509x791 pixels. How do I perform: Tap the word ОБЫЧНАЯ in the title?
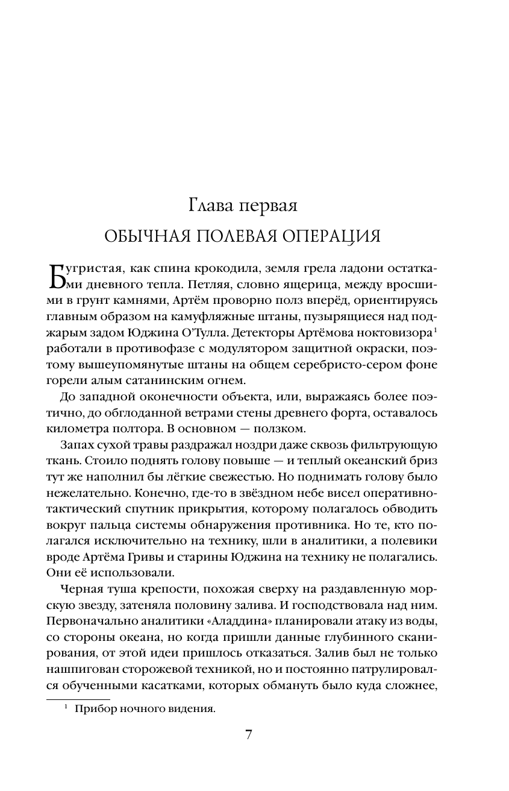tap(148, 236)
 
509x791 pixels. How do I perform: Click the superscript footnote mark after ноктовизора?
tap(436, 329)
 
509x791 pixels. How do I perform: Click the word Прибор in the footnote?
tap(95, 710)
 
